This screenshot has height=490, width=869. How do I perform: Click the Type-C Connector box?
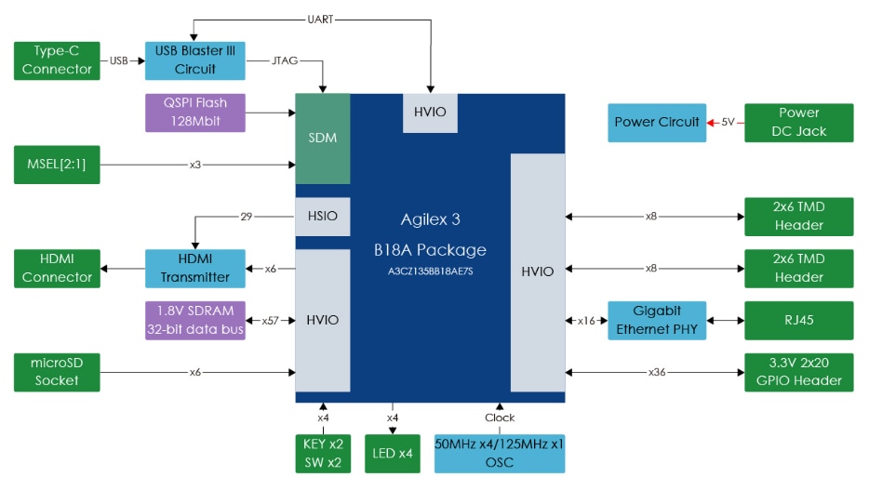tap(58, 60)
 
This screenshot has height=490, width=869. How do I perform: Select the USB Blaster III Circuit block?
tap(195, 60)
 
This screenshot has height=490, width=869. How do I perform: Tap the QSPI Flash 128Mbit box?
tap(195, 112)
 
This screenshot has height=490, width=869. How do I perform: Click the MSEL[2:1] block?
tap(58, 165)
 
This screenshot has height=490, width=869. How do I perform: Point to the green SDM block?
tap(322, 139)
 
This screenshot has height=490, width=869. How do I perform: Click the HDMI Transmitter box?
tap(195, 268)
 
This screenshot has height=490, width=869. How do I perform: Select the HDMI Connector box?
tap(58, 268)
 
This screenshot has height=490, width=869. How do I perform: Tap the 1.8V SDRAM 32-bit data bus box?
tap(195, 320)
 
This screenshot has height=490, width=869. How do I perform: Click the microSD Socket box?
tap(58, 371)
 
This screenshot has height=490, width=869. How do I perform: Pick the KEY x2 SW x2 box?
tap(323, 453)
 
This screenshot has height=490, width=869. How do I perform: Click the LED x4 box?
tap(393, 453)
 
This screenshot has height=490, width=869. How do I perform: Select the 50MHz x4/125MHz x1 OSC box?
tap(500, 453)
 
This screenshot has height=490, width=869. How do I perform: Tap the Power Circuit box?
tap(656, 122)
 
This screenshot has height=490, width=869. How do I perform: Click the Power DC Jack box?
tap(798, 122)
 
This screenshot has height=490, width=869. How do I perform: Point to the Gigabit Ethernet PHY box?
tap(656, 320)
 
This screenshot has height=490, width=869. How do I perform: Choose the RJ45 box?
tap(798, 320)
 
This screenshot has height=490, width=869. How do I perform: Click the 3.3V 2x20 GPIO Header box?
tap(798, 371)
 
